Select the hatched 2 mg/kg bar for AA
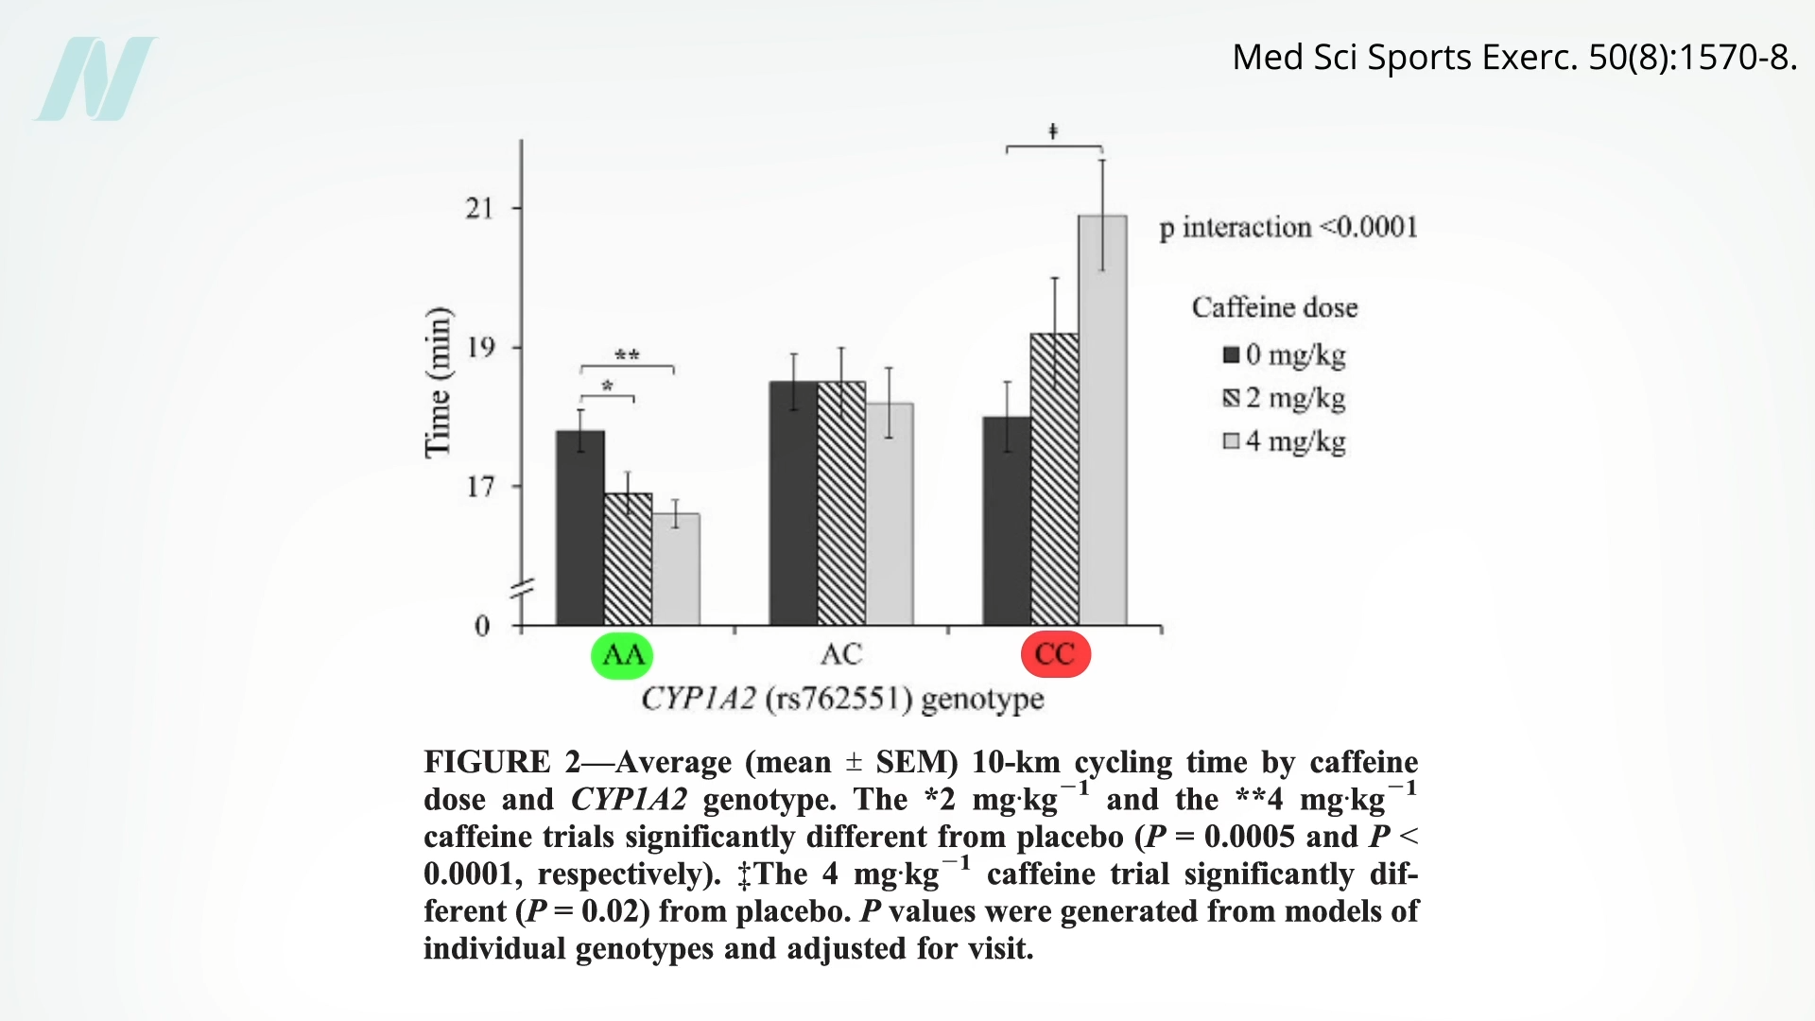point(628,559)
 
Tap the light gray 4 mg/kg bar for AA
point(676,569)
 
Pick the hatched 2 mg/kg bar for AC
point(841,503)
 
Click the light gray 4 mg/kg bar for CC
point(1102,420)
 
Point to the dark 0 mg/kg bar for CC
point(1007,521)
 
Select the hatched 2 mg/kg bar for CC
point(1054,478)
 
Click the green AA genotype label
point(622,654)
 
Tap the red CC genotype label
point(1056,654)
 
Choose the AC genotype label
point(840,654)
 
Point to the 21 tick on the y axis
point(480,208)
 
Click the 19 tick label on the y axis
point(480,348)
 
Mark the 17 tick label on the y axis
point(480,487)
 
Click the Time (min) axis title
point(438,383)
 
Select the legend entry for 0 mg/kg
point(1284,355)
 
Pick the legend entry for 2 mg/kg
point(1284,398)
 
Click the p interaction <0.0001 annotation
point(1288,228)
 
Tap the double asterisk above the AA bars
point(627,355)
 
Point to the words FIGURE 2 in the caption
point(501,762)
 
